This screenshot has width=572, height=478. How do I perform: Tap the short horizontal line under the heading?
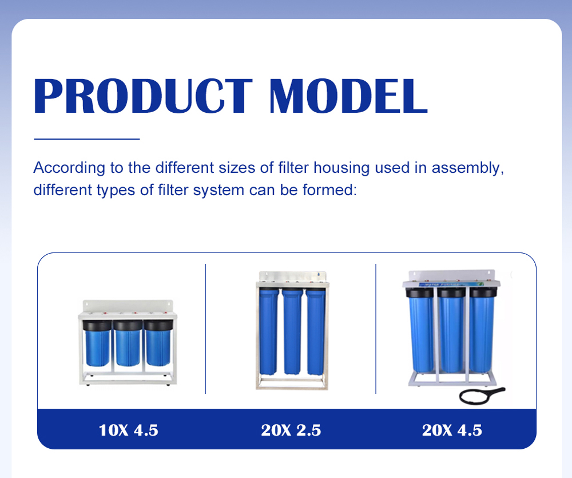[x=87, y=139]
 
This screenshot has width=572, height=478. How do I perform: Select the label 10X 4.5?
[x=128, y=430]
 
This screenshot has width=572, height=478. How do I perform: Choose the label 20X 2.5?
[x=291, y=430]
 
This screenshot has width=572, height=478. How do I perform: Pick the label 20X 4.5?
[x=452, y=430]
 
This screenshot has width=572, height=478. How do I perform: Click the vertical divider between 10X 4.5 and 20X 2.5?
[x=205, y=329]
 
